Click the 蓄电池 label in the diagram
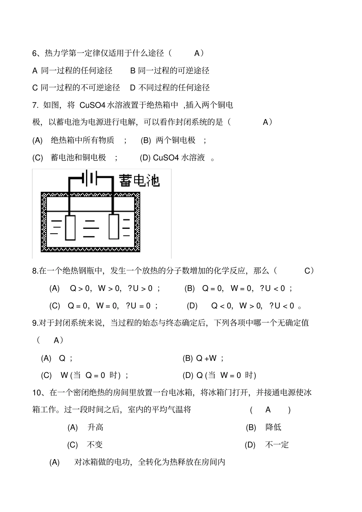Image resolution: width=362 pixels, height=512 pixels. tap(139, 180)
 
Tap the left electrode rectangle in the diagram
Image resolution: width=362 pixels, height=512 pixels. tap(70, 227)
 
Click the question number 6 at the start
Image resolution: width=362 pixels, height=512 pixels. tap(34, 53)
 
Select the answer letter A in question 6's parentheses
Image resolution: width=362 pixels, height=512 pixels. tap(197, 53)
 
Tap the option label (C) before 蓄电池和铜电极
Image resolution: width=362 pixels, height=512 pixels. tap(37, 158)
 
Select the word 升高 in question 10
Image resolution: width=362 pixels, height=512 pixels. tap(95, 427)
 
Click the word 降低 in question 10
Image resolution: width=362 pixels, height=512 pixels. tap(273, 427)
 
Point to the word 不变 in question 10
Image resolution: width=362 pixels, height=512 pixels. tap(95, 445)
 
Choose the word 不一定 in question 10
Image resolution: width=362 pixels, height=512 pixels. tap(277, 445)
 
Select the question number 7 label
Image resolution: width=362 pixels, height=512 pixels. tap(35, 105)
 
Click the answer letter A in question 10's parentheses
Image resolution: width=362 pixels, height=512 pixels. tap(268, 410)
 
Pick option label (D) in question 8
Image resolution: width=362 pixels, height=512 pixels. tap(192, 306)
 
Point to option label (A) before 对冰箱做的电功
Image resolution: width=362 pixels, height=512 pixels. tap(54, 462)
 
